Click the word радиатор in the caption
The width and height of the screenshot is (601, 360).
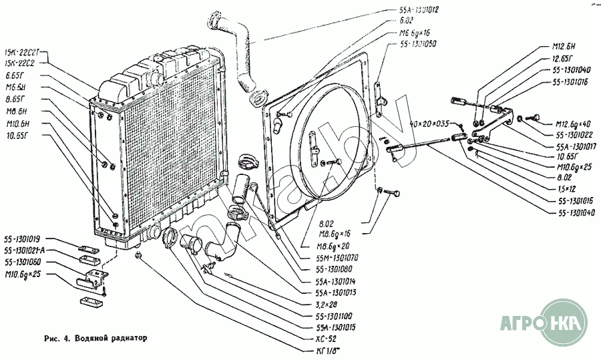[x=125, y=337]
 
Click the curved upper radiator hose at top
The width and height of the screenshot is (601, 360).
[x=234, y=47]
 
